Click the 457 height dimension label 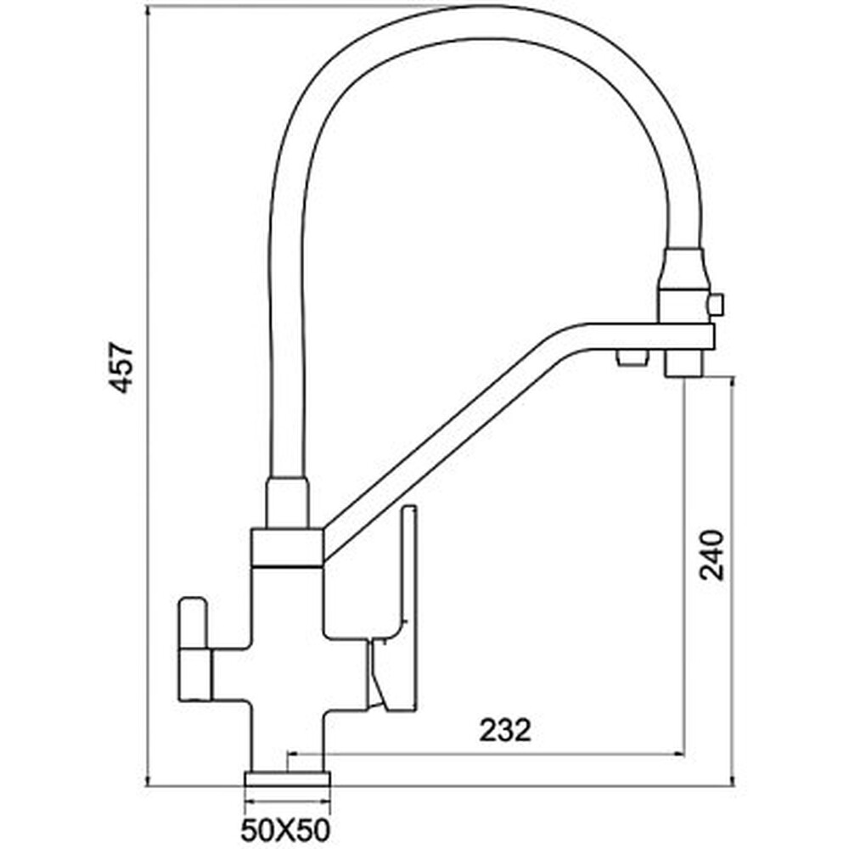[121, 367]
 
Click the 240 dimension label [711, 555]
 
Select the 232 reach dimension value [505, 730]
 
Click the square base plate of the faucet [288, 779]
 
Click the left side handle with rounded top [194, 649]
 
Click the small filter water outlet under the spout [632, 357]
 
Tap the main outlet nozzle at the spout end [683, 363]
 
